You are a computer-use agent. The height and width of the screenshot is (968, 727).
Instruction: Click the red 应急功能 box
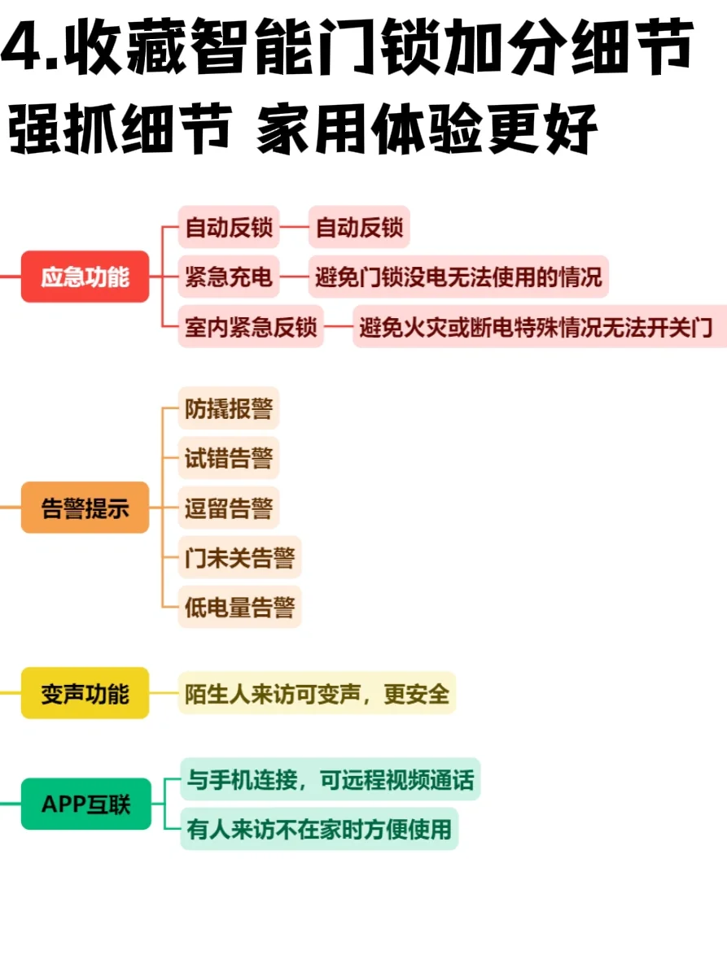click(85, 277)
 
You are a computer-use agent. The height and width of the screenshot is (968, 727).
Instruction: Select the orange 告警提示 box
click(85, 508)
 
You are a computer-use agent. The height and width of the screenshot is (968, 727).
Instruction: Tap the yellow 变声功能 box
click(85, 693)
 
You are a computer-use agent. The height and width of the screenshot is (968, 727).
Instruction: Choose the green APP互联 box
click(85, 804)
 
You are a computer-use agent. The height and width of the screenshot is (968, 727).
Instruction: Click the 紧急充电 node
click(228, 277)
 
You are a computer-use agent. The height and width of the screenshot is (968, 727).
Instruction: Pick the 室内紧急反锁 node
click(250, 327)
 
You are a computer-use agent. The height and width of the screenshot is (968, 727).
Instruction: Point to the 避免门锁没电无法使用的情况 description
click(458, 277)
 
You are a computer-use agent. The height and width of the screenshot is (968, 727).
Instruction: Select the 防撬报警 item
click(228, 408)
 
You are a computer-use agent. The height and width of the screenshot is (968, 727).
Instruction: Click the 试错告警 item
click(228, 457)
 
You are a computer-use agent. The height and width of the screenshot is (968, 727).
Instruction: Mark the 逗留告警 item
click(228, 508)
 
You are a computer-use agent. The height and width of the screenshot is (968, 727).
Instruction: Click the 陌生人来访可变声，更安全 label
click(317, 693)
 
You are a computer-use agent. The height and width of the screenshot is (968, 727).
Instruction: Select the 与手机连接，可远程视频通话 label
click(330, 779)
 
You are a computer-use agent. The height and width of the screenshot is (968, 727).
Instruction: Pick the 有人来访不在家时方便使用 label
click(318, 829)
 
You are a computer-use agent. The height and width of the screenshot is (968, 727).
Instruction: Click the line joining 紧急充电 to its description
click(294, 277)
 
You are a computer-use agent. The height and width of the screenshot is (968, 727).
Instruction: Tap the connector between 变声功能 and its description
click(164, 693)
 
